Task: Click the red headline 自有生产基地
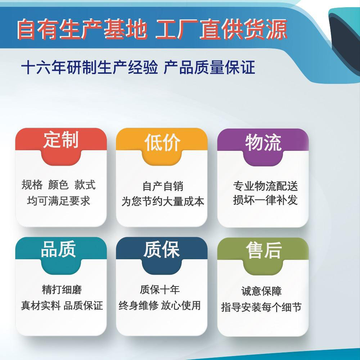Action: [x=82, y=29]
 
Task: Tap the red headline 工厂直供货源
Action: [x=221, y=29]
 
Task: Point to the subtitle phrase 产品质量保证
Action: [x=209, y=68]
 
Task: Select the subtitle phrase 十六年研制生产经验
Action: [x=90, y=68]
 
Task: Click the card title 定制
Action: [x=61, y=139]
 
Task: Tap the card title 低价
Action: [x=162, y=143]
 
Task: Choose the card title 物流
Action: [x=263, y=143]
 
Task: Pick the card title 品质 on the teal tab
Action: [x=58, y=249]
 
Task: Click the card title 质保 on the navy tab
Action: [x=161, y=249]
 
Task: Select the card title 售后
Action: [x=264, y=250]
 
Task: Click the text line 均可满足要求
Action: [x=59, y=201]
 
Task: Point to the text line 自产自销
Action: [x=163, y=186]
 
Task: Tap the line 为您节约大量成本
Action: [x=163, y=201]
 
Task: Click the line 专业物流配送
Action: [x=265, y=186]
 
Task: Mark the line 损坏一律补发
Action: [x=265, y=200]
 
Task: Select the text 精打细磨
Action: [x=62, y=289]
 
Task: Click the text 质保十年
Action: [x=160, y=289]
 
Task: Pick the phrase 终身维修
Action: [x=139, y=305]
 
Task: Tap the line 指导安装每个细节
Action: [x=261, y=307]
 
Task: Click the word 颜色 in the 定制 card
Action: [x=58, y=185]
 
